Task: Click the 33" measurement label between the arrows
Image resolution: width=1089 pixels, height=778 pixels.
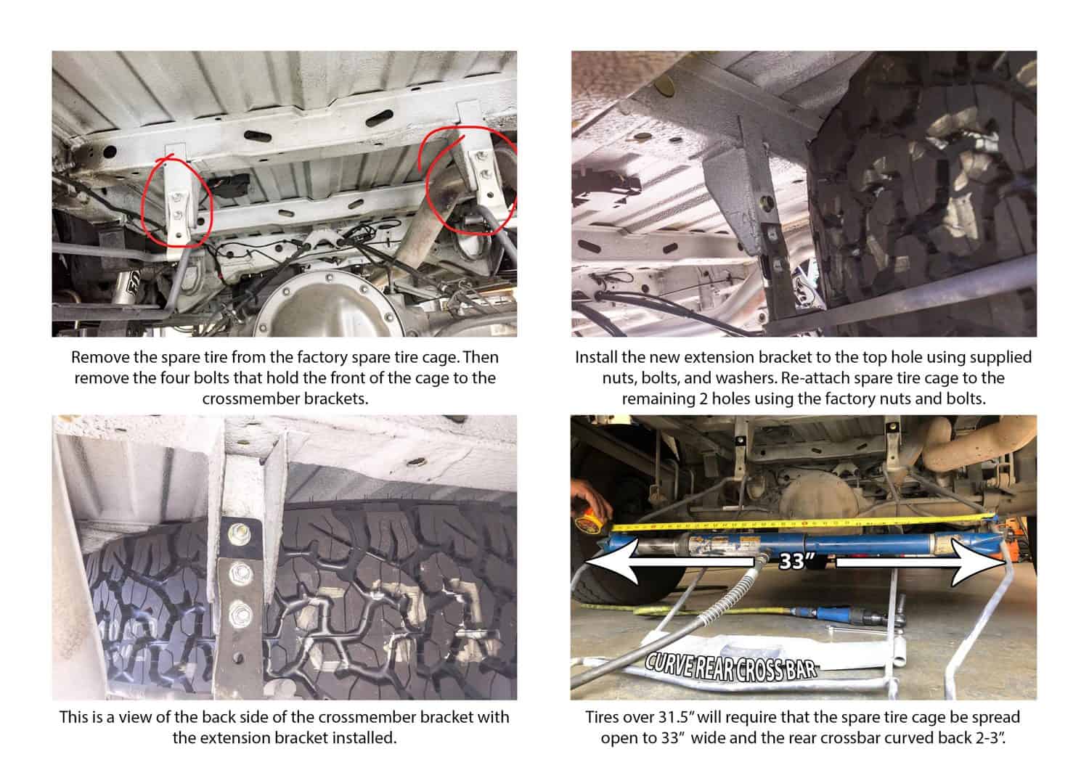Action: tap(796, 561)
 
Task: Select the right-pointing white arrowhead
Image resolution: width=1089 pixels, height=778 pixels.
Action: tap(977, 562)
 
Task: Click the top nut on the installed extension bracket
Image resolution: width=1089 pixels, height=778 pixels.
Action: tap(239, 533)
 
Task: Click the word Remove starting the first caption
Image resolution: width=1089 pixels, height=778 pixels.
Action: tap(100, 357)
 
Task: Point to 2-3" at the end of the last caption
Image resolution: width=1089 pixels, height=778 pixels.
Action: tap(989, 738)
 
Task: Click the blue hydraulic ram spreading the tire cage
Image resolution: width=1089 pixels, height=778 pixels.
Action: tap(802, 542)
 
